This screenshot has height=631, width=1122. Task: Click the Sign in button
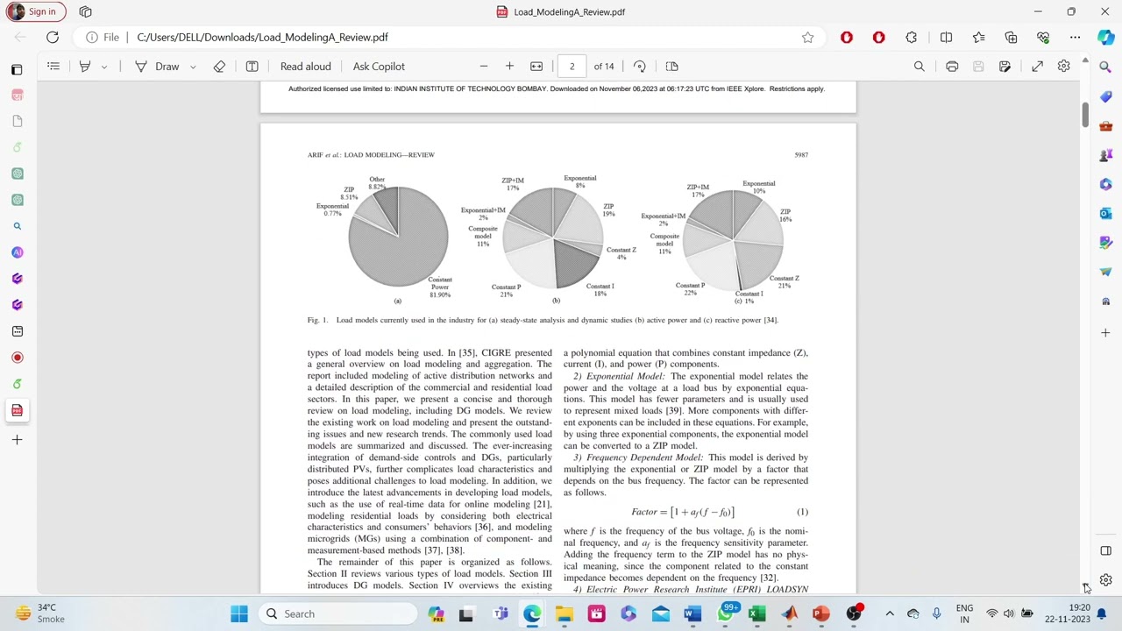[34, 11]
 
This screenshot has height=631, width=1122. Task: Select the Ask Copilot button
[379, 67]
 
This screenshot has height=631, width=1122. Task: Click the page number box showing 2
[572, 67]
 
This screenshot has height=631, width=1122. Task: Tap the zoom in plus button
[509, 67]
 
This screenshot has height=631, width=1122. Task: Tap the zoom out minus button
[483, 67]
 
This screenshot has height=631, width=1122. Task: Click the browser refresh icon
[53, 38]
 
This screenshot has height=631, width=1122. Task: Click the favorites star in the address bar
[807, 38]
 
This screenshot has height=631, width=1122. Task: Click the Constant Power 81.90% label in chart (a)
[440, 287]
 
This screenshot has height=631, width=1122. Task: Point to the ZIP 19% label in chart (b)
[608, 209]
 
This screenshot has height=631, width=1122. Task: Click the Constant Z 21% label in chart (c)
[784, 281]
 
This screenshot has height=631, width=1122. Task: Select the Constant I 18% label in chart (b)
[600, 289]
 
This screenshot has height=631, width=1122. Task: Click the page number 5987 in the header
[801, 155]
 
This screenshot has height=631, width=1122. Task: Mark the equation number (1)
[802, 512]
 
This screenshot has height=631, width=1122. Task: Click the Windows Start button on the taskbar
[239, 613]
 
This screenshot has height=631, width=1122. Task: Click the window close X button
[1104, 11]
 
